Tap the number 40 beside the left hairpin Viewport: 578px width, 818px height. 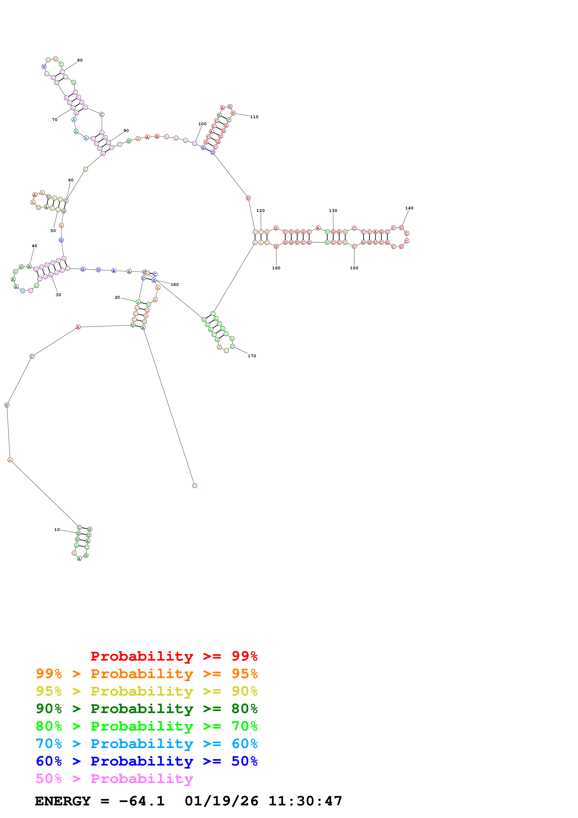35,246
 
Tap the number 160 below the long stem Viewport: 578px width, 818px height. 276,268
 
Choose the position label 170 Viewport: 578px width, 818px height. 252,356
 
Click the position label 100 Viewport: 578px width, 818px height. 202,124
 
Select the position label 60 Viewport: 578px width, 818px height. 71,180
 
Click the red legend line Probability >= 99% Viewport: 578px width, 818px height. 174,656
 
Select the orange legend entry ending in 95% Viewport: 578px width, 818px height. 147,674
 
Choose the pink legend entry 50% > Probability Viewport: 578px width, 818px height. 115,778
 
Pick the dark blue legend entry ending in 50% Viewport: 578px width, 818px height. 147,761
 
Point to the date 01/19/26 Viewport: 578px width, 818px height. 222,801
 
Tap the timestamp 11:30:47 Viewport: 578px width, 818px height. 305,801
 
